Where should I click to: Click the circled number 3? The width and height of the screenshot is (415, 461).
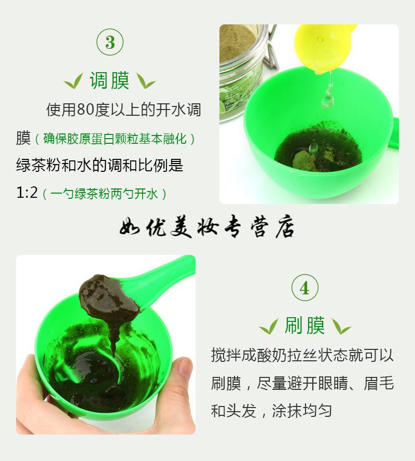tap(110, 42)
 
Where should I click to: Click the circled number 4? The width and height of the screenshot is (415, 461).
tap(305, 288)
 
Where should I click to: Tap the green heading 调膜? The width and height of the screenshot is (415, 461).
tap(109, 80)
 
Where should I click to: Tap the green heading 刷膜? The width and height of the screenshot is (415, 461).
tap(305, 325)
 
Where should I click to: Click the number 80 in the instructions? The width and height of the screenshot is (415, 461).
tap(85, 110)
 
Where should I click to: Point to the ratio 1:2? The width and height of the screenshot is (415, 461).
tap(27, 193)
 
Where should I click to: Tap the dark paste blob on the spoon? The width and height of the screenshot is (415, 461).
tap(108, 300)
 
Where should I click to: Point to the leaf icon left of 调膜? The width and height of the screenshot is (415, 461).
tap(74, 81)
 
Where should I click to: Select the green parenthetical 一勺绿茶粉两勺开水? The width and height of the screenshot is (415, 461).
tap(105, 194)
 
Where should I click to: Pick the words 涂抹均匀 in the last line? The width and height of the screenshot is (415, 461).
tap(302, 411)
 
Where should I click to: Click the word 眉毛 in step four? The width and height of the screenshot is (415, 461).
tap(379, 383)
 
